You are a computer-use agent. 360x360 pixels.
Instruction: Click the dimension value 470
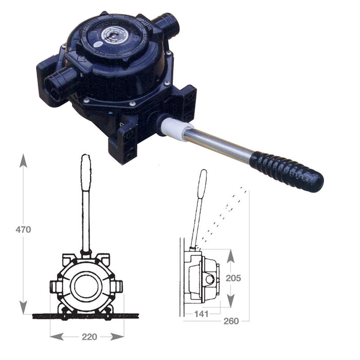point(23,229)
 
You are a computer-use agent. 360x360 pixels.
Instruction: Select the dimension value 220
point(89,337)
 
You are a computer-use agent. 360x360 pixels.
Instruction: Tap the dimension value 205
point(233,278)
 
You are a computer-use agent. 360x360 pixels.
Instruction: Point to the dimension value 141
point(202,314)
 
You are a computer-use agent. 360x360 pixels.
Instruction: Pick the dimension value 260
point(231,321)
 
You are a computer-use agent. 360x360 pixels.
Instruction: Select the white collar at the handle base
point(176,129)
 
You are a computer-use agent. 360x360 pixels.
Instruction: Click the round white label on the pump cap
point(115,36)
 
